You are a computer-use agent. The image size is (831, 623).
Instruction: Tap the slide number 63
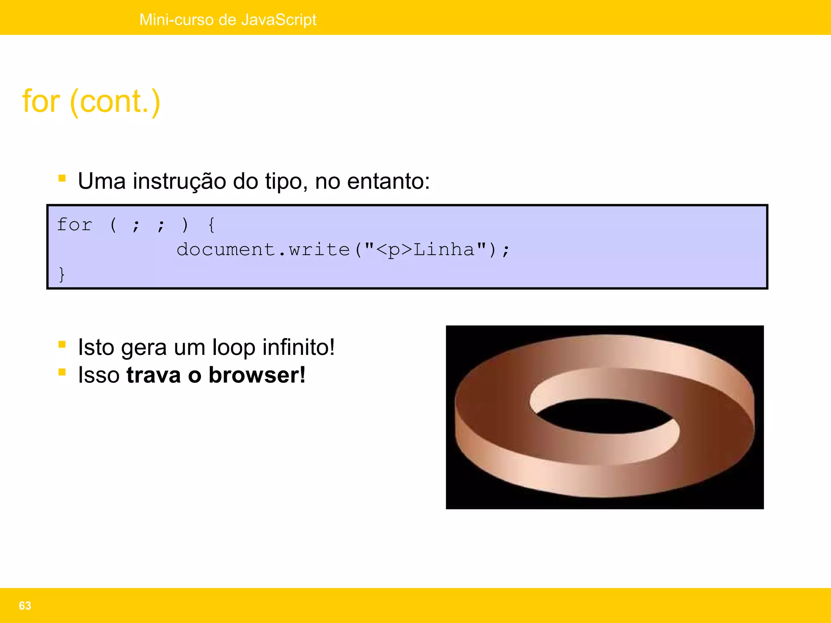(x=25, y=606)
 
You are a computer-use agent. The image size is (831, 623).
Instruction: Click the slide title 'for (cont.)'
(x=91, y=101)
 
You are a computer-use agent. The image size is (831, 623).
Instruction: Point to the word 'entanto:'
(x=388, y=181)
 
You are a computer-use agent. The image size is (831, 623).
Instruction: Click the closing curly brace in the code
(x=62, y=274)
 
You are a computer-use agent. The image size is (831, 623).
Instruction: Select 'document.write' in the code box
(x=263, y=249)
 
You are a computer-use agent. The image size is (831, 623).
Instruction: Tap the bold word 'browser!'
(x=257, y=375)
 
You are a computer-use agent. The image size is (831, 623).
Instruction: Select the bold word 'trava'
(x=153, y=375)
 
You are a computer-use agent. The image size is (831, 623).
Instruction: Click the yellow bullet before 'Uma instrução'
(x=62, y=178)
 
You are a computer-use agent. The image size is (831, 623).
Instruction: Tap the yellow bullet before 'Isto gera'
(x=62, y=344)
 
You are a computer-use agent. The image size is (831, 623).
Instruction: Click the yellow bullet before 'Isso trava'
(x=62, y=372)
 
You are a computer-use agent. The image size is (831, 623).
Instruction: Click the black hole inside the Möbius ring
(x=605, y=416)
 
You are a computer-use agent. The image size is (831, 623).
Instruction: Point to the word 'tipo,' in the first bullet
(x=286, y=181)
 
